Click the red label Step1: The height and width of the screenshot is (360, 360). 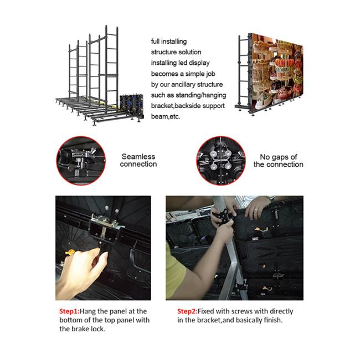coord(69,311)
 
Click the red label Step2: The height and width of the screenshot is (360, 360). coord(187,311)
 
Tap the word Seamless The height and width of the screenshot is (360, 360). coord(138,157)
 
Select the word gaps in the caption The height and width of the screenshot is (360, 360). coord(280,157)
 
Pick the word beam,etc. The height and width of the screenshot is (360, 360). coord(166,117)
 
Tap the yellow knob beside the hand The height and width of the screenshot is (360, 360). coord(70,253)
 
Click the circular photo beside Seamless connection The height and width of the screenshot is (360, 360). coord(81,161)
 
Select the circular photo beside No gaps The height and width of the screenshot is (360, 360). coord(221,161)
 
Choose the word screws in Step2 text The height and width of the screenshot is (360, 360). coord(242,311)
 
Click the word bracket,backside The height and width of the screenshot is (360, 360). coord(188,106)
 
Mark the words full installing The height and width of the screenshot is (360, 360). coord(169,42)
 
